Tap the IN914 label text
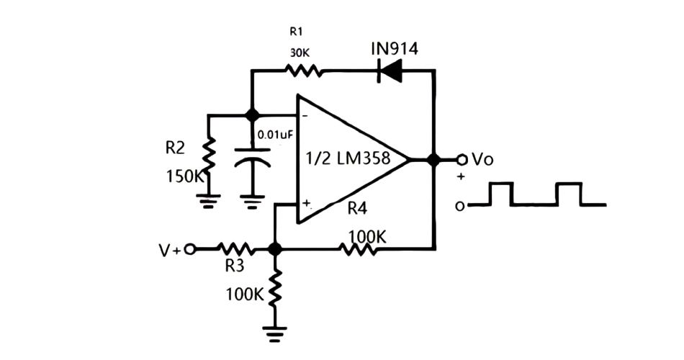click(394, 48)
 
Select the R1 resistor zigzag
click(304, 71)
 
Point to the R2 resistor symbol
click(208, 156)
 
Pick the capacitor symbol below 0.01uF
click(251, 156)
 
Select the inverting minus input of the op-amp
click(305, 116)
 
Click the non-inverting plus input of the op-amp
click(305, 203)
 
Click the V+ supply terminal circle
click(189, 249)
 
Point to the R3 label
click(234, 266)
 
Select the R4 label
click(358, 210)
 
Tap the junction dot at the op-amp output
click(433, 160)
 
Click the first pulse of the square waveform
click(501, 194)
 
